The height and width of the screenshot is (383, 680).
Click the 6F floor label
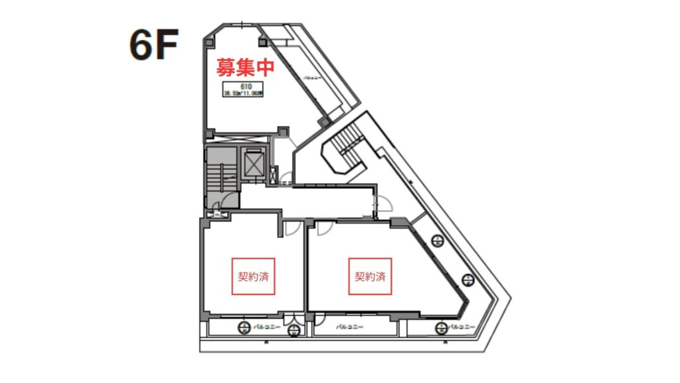click(x=153, y=47)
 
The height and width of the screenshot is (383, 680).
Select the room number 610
click(x=245, y=86)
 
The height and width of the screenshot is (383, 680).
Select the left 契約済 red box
click(x=253, y=276)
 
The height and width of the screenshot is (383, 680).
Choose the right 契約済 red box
click(x=370, y=276)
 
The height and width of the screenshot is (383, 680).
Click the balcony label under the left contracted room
click(x=268, y=327)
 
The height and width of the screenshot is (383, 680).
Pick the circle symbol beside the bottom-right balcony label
click(x=441, y=327)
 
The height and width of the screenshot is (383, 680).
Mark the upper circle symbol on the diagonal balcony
click(x=437, y=241)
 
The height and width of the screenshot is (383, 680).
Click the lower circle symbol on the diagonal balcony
click(x=468, y=279)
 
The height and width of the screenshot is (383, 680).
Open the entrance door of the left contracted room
click(x=290, y=228)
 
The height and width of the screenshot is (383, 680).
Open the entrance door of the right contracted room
click(x=325, y=228)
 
